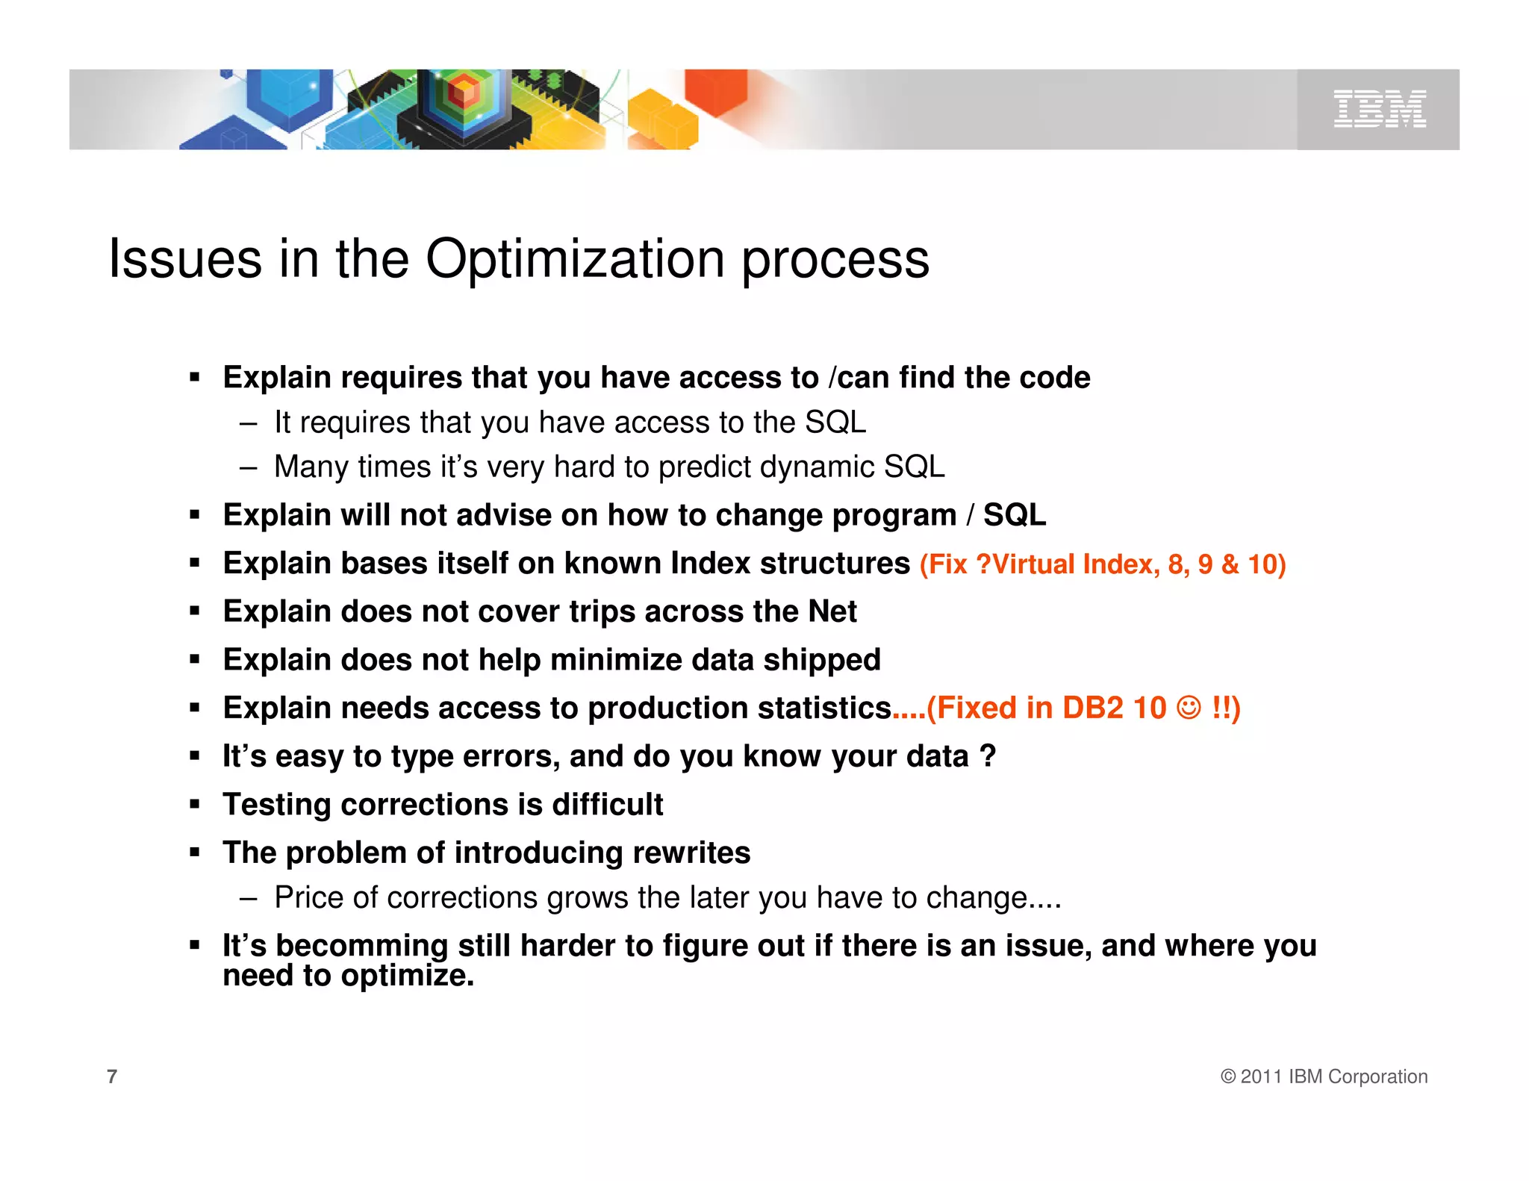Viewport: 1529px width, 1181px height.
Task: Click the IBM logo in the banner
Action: point(1379,109)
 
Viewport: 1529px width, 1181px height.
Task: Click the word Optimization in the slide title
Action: point(575,259)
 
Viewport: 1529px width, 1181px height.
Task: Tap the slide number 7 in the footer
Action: point(112,1076)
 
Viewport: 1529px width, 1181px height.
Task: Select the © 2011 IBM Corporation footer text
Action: point(1324,1076)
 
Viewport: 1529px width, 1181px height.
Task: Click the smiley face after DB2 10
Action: point(1189,707)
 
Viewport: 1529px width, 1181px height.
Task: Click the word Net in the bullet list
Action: point(832,611)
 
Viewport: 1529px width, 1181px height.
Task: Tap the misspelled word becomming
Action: point(361,946)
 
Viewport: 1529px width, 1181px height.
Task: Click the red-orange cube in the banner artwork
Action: point(715,91)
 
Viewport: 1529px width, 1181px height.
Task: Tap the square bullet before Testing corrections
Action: point(195,805)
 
